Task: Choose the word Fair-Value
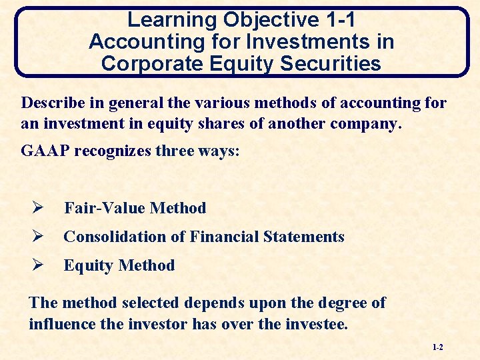105,208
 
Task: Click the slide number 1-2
437,347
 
